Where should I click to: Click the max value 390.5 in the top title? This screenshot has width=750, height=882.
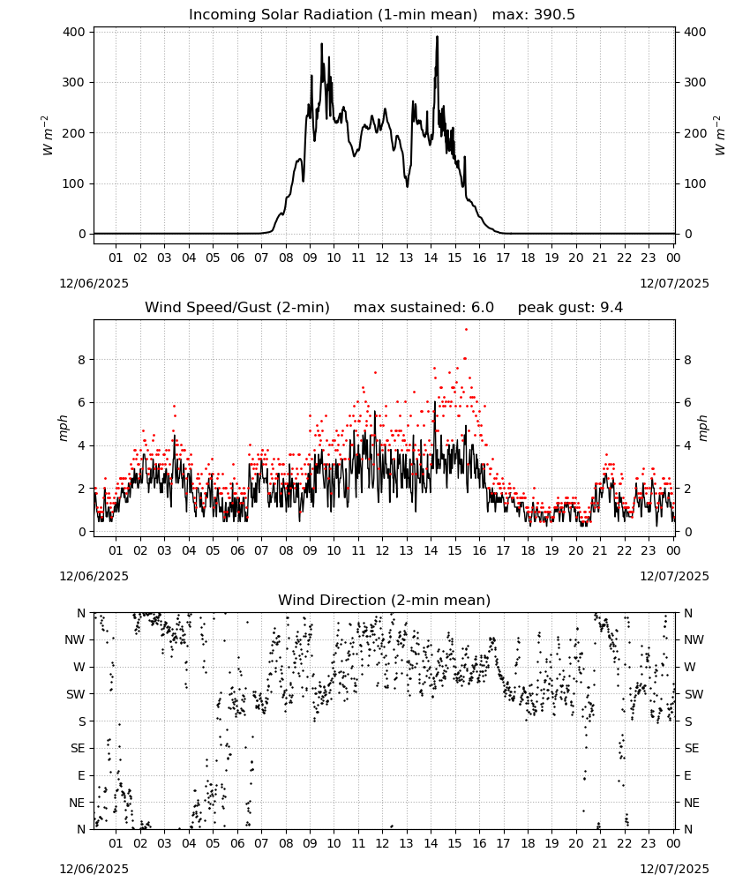point(554,15)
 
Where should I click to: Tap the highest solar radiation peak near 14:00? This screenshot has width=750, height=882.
point(437,37)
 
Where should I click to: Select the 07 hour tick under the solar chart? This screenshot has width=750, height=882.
point(261,258)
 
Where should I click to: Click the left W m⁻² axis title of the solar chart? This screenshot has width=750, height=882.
point(49,135)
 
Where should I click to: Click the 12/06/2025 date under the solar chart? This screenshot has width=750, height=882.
point(94,283)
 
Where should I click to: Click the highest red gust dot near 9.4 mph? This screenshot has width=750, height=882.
point(466,329)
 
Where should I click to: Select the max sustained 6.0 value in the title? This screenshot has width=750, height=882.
point(484,308)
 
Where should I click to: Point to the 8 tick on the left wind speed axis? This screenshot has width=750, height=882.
point(83,360)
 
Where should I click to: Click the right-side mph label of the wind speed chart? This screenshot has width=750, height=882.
point(702,428)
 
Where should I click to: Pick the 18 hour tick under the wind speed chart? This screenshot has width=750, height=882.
point(528,550)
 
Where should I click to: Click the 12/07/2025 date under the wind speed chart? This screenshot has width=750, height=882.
point(675,576)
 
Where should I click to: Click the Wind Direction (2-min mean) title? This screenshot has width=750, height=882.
point(385,600)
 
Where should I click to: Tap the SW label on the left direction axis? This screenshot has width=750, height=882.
point(76,694)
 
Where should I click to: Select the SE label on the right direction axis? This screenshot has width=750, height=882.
point(692,748)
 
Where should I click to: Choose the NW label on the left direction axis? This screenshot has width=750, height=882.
point(75,639)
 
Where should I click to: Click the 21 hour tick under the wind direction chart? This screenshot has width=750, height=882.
point(600,843)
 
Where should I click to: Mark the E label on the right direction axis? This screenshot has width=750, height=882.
point(687,775)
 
